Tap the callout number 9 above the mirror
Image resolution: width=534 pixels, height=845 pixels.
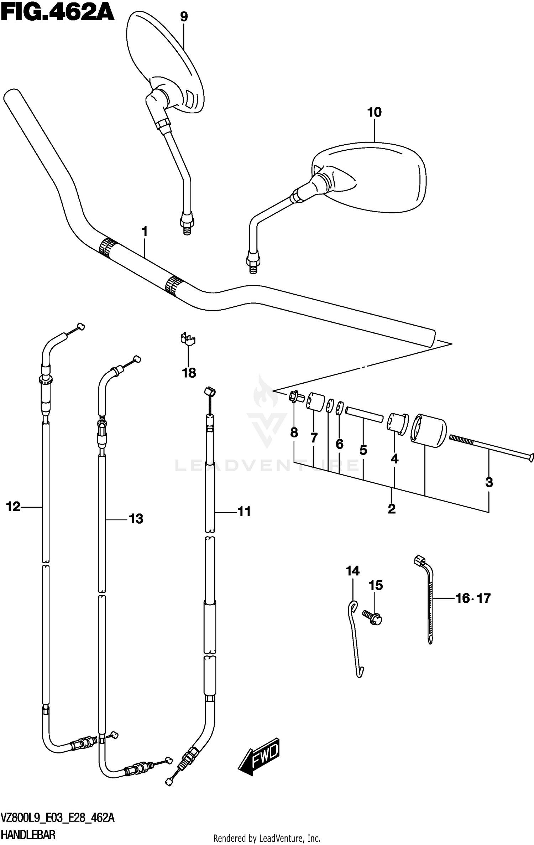184,16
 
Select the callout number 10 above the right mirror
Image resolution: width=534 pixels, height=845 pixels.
374,112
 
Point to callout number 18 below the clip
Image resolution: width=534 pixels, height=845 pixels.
189,373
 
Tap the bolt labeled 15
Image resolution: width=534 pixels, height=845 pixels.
372,617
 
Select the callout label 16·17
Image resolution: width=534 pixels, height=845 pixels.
473,598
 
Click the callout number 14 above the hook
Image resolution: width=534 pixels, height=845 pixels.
352,571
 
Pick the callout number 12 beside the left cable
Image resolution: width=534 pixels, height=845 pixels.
13,507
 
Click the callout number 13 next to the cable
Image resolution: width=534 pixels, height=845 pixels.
136,519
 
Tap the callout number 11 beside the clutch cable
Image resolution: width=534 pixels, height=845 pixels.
244,512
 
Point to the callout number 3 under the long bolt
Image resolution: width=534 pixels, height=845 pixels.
489,482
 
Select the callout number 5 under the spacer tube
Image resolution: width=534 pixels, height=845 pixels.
363,450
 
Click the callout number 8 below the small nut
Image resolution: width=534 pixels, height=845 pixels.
294,432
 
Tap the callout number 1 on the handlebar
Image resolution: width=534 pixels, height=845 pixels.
144,232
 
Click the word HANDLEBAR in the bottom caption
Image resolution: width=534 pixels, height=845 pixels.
28,834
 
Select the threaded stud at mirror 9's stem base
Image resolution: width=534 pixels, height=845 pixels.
187,230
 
